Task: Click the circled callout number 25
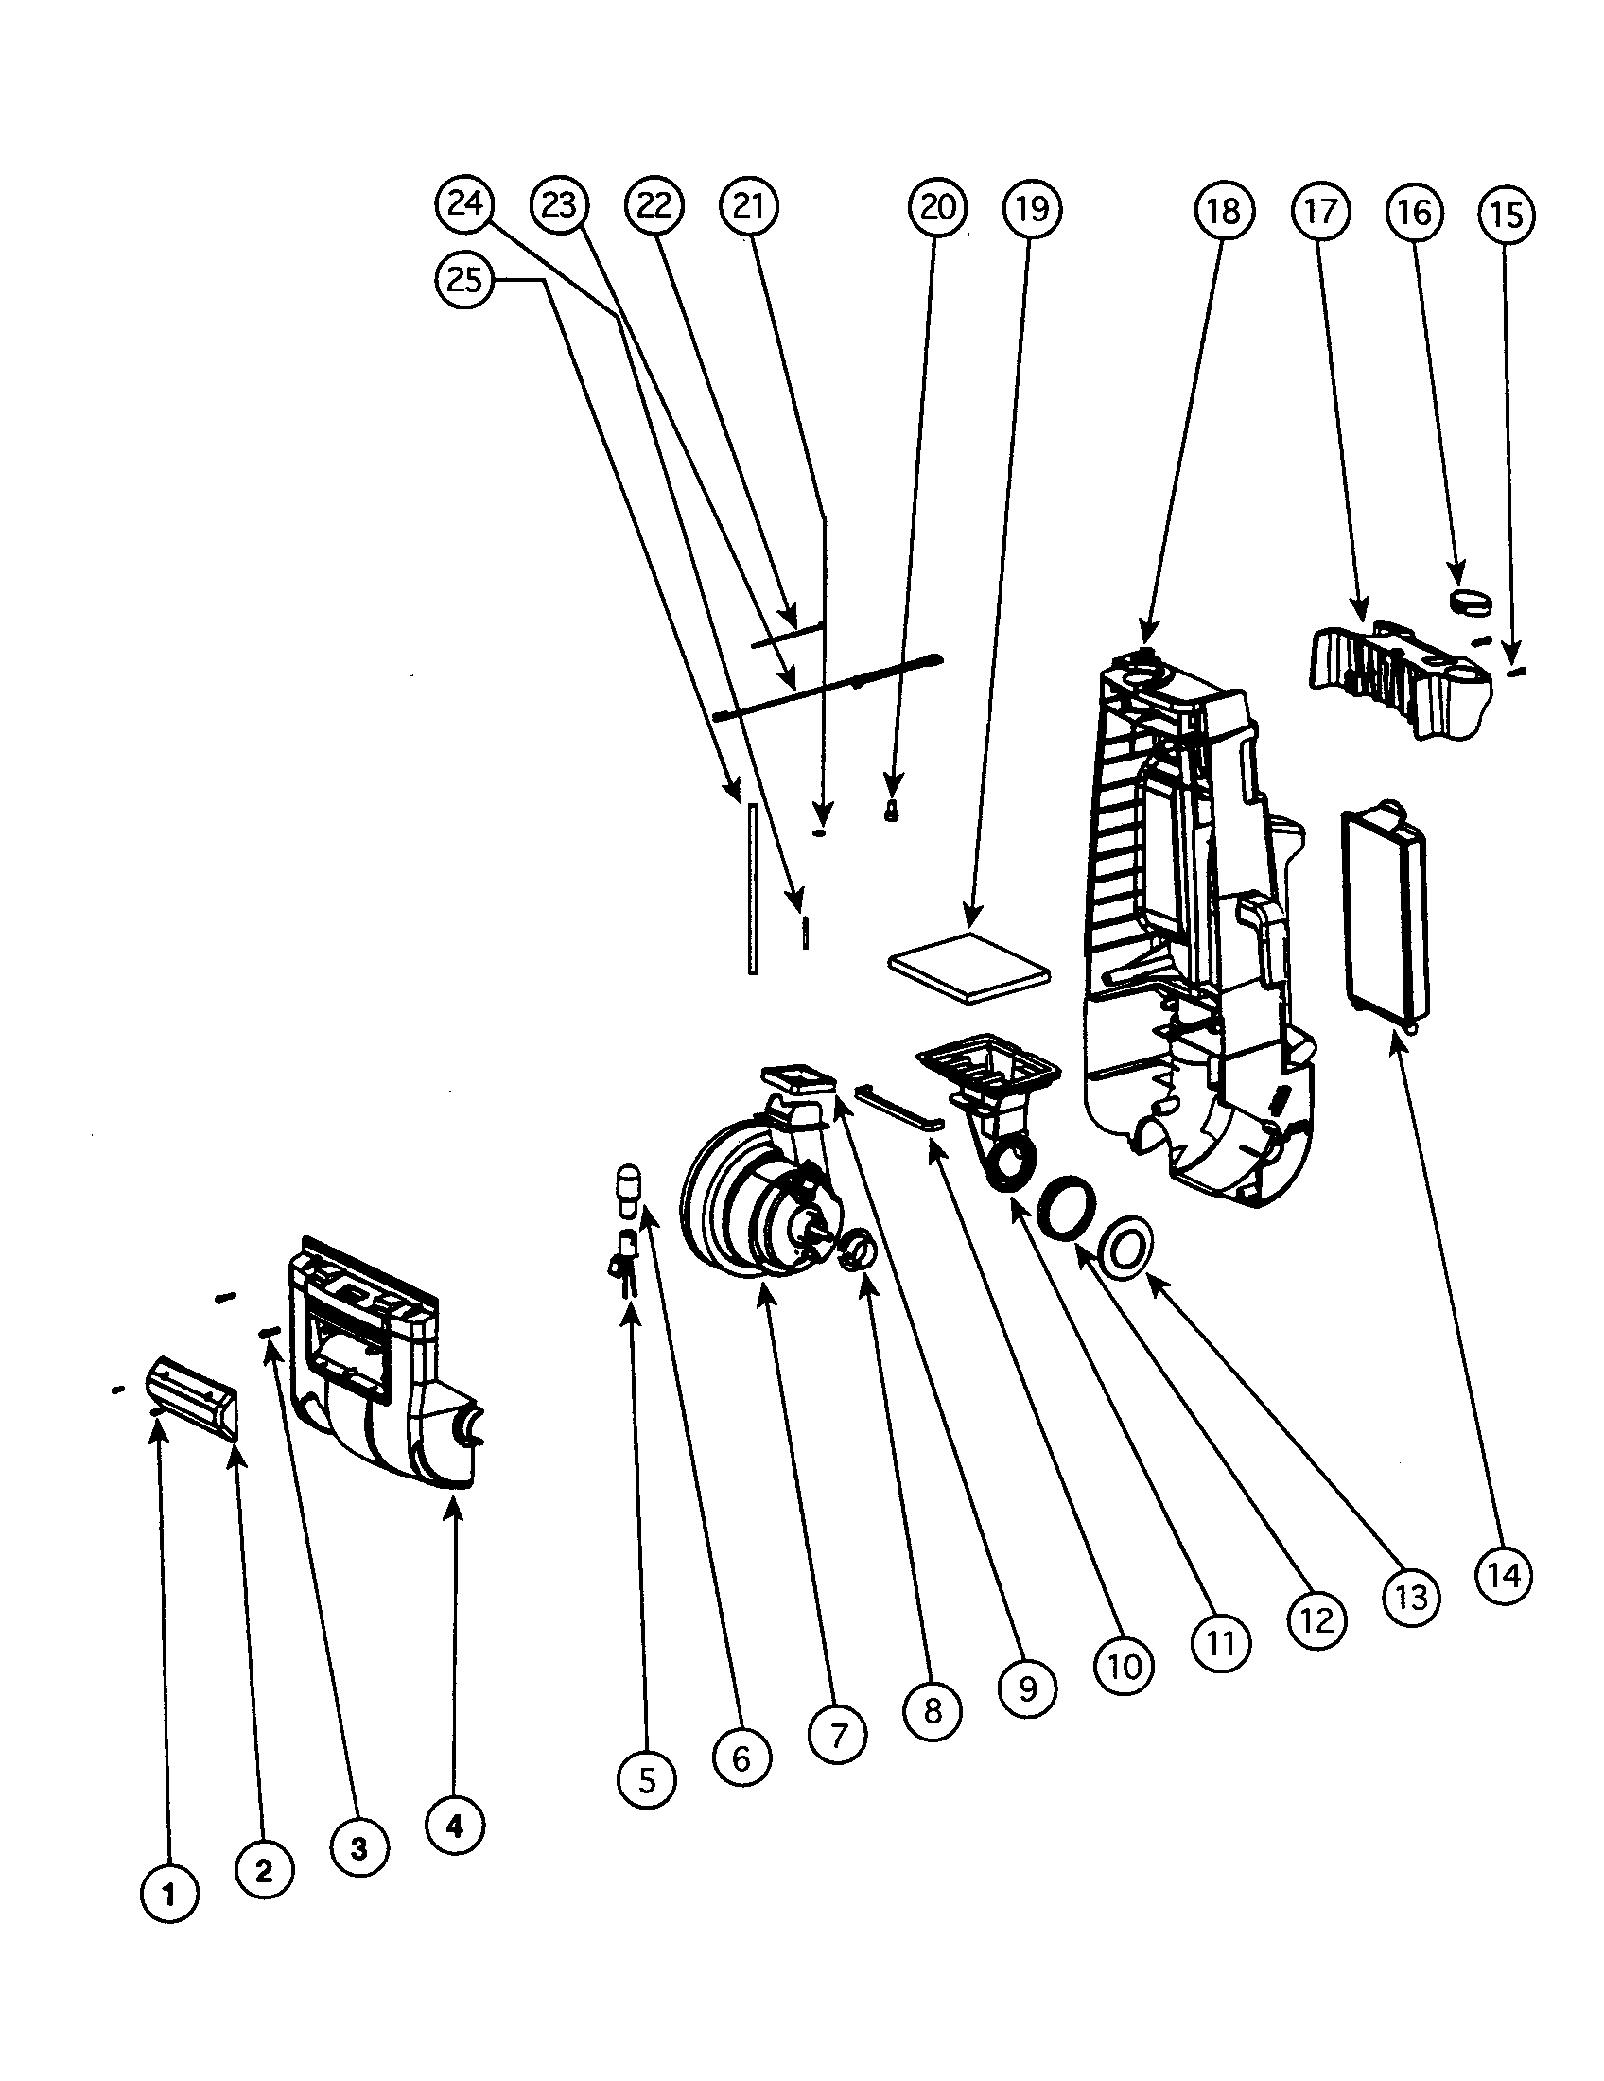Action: [x=462, y=280]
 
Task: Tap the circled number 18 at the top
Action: [x=1223, y=211]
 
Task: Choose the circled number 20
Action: [x=937, y=206]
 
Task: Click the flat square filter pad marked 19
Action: [x=968, y=967]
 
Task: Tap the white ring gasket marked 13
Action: [x=1125, y=1245]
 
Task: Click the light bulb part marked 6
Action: [x=628, y=1191]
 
